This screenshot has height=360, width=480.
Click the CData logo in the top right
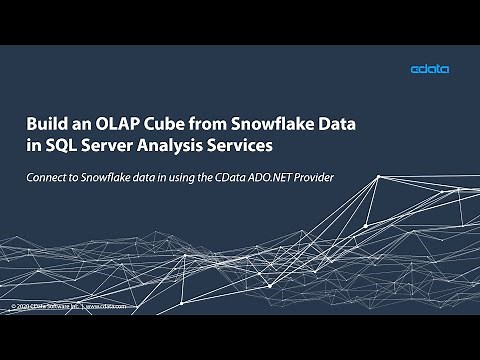click(429, 69)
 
